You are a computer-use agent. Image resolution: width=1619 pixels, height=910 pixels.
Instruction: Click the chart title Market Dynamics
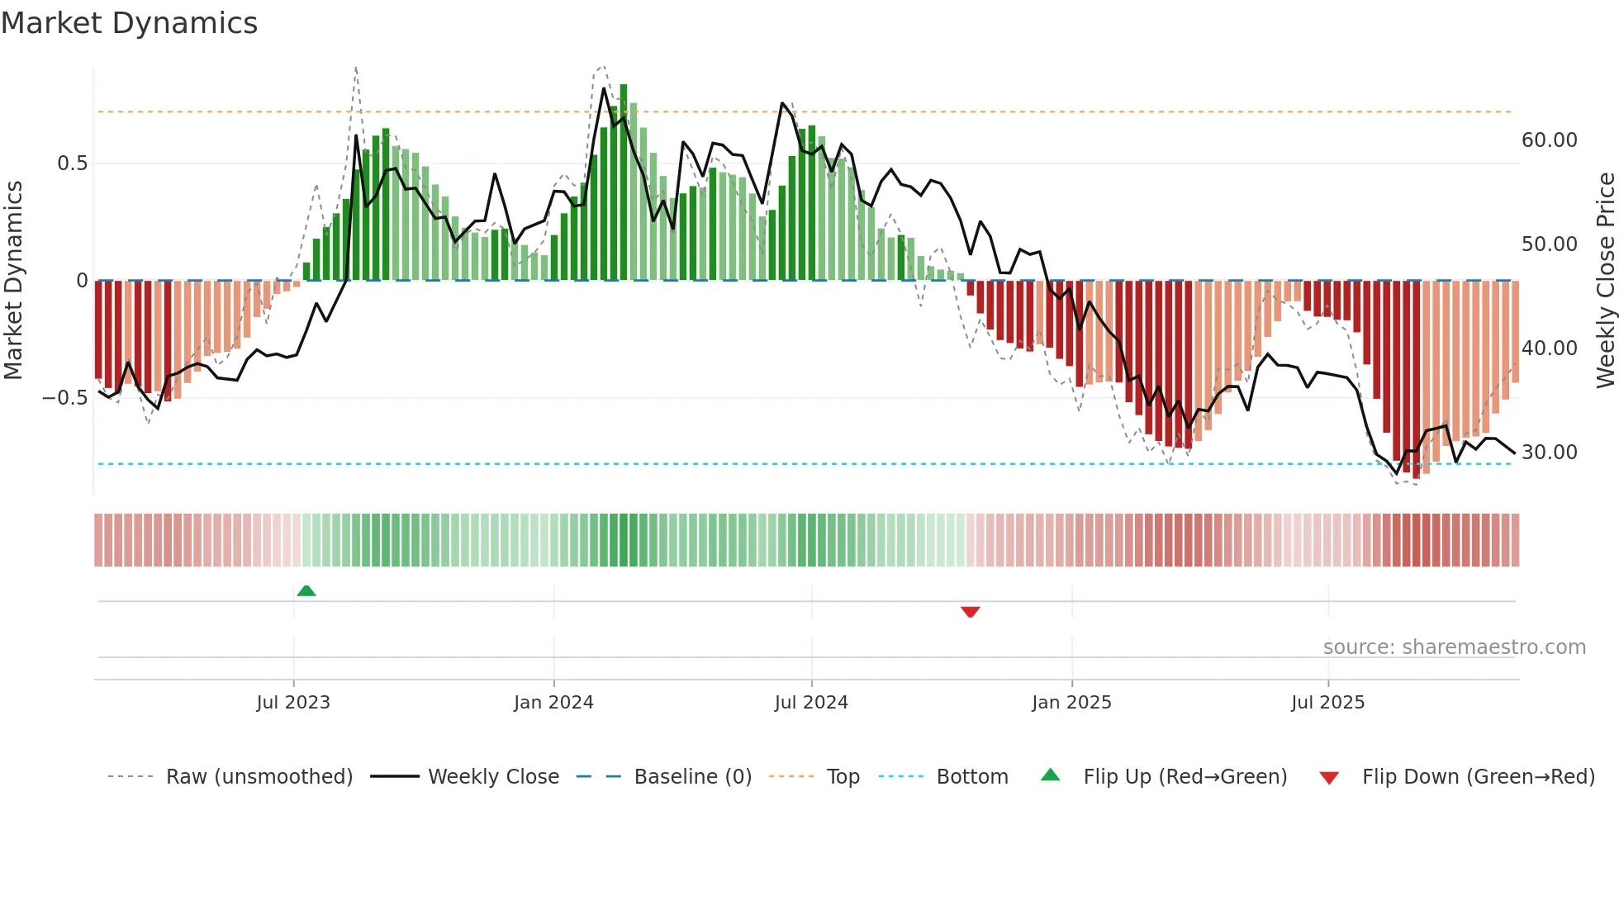tap(129, 23)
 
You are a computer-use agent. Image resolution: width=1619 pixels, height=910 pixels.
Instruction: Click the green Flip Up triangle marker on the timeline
tap(306, 590)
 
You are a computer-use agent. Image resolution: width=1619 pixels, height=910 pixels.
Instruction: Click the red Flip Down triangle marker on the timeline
tap(971, 612)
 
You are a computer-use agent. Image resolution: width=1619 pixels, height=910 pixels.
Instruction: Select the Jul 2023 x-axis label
tap(293, 703)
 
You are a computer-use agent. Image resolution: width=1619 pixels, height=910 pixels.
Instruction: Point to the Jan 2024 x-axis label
tap(553, 703)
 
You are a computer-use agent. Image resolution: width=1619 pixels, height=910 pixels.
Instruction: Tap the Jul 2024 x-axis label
tap(811, 703)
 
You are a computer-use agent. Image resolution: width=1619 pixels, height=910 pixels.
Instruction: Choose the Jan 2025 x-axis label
tap(1071, 703)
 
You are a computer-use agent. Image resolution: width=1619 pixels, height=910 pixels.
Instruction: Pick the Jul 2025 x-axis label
tap(1328, 703)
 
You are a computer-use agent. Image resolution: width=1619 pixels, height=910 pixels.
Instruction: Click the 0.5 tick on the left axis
tap(72, 164)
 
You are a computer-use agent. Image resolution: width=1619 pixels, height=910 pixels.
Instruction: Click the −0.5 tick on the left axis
tap(65, 398)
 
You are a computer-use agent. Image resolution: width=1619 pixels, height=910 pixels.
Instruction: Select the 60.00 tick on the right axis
tap(1550, 140)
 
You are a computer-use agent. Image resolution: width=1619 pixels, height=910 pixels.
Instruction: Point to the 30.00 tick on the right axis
tap(1550, 453)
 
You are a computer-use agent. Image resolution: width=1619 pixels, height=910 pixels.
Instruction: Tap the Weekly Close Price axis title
tap(1606, 281)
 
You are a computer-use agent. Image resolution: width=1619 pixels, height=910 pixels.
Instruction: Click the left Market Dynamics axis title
tap(13, 281)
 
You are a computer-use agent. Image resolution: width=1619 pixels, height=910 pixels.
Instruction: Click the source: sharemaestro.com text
tap(1454, 647)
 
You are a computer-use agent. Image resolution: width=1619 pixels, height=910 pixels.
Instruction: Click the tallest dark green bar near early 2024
tap(624, 182)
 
